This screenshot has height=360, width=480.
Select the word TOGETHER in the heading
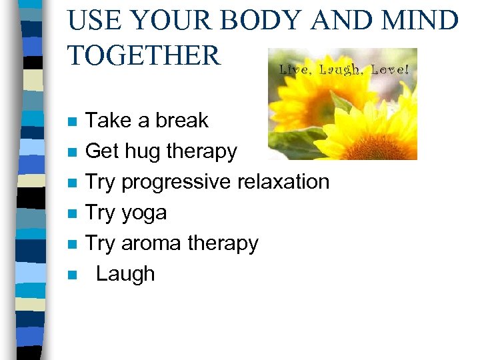pos(144,55)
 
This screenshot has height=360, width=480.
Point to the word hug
pos(142,152)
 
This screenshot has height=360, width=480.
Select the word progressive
pos(174,182)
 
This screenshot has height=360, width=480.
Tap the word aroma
pos(151,243)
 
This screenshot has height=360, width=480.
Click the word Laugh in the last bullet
pos(125,274)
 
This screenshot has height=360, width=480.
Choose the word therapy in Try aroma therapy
pos(223,244)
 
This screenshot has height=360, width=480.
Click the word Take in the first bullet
pos(109,121)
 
